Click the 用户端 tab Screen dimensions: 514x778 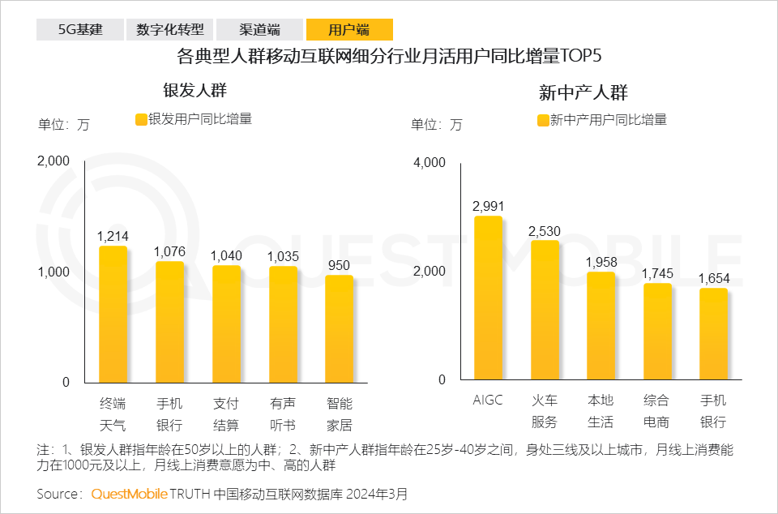pos(349,30)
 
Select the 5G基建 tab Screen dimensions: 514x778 pos(79,30)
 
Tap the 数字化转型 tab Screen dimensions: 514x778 pos(170,30)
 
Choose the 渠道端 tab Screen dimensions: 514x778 pos(260,30)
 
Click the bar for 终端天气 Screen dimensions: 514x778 pos(113,313)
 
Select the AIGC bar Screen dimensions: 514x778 pos(488,298)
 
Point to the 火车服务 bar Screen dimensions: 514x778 pos(545,310)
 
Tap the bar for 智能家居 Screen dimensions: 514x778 pos(340,328)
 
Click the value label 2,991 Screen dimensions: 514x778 pos(488,204)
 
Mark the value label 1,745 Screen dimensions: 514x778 pos(657,273)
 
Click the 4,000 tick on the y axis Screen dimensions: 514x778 pos(430,163)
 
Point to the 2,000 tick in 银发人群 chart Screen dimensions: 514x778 pos(54,161)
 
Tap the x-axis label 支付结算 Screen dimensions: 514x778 pos(226,413)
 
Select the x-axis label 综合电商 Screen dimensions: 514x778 pos(657,411)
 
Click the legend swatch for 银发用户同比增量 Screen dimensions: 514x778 pos(141,119)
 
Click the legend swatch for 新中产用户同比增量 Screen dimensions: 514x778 pos(543,120)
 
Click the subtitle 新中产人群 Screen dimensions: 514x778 pos(583,92)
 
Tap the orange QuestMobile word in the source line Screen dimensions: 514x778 pos(129,494)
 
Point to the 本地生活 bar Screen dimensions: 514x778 pos(601,325)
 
